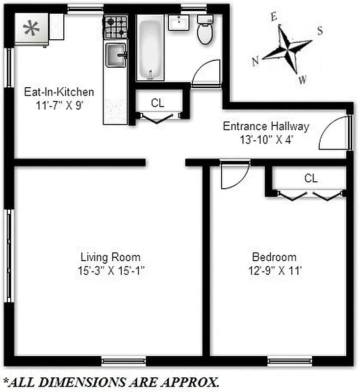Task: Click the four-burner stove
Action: (x=116, y=27)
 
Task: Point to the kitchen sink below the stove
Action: (x=116, y=54)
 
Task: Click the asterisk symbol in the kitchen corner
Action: (x=32, y=29)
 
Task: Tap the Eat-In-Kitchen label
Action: (x=59, y=92)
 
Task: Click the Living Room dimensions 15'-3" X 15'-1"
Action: (x=110, y=269)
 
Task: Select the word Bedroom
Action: (x=274, y=257)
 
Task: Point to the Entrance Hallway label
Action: (x=266, y=126)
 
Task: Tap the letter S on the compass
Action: (x=320, y=30)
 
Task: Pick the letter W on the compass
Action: (x=303, y=78)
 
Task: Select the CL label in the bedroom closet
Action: (x=311, y=178)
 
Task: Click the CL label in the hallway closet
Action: (x=157, y=103)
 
